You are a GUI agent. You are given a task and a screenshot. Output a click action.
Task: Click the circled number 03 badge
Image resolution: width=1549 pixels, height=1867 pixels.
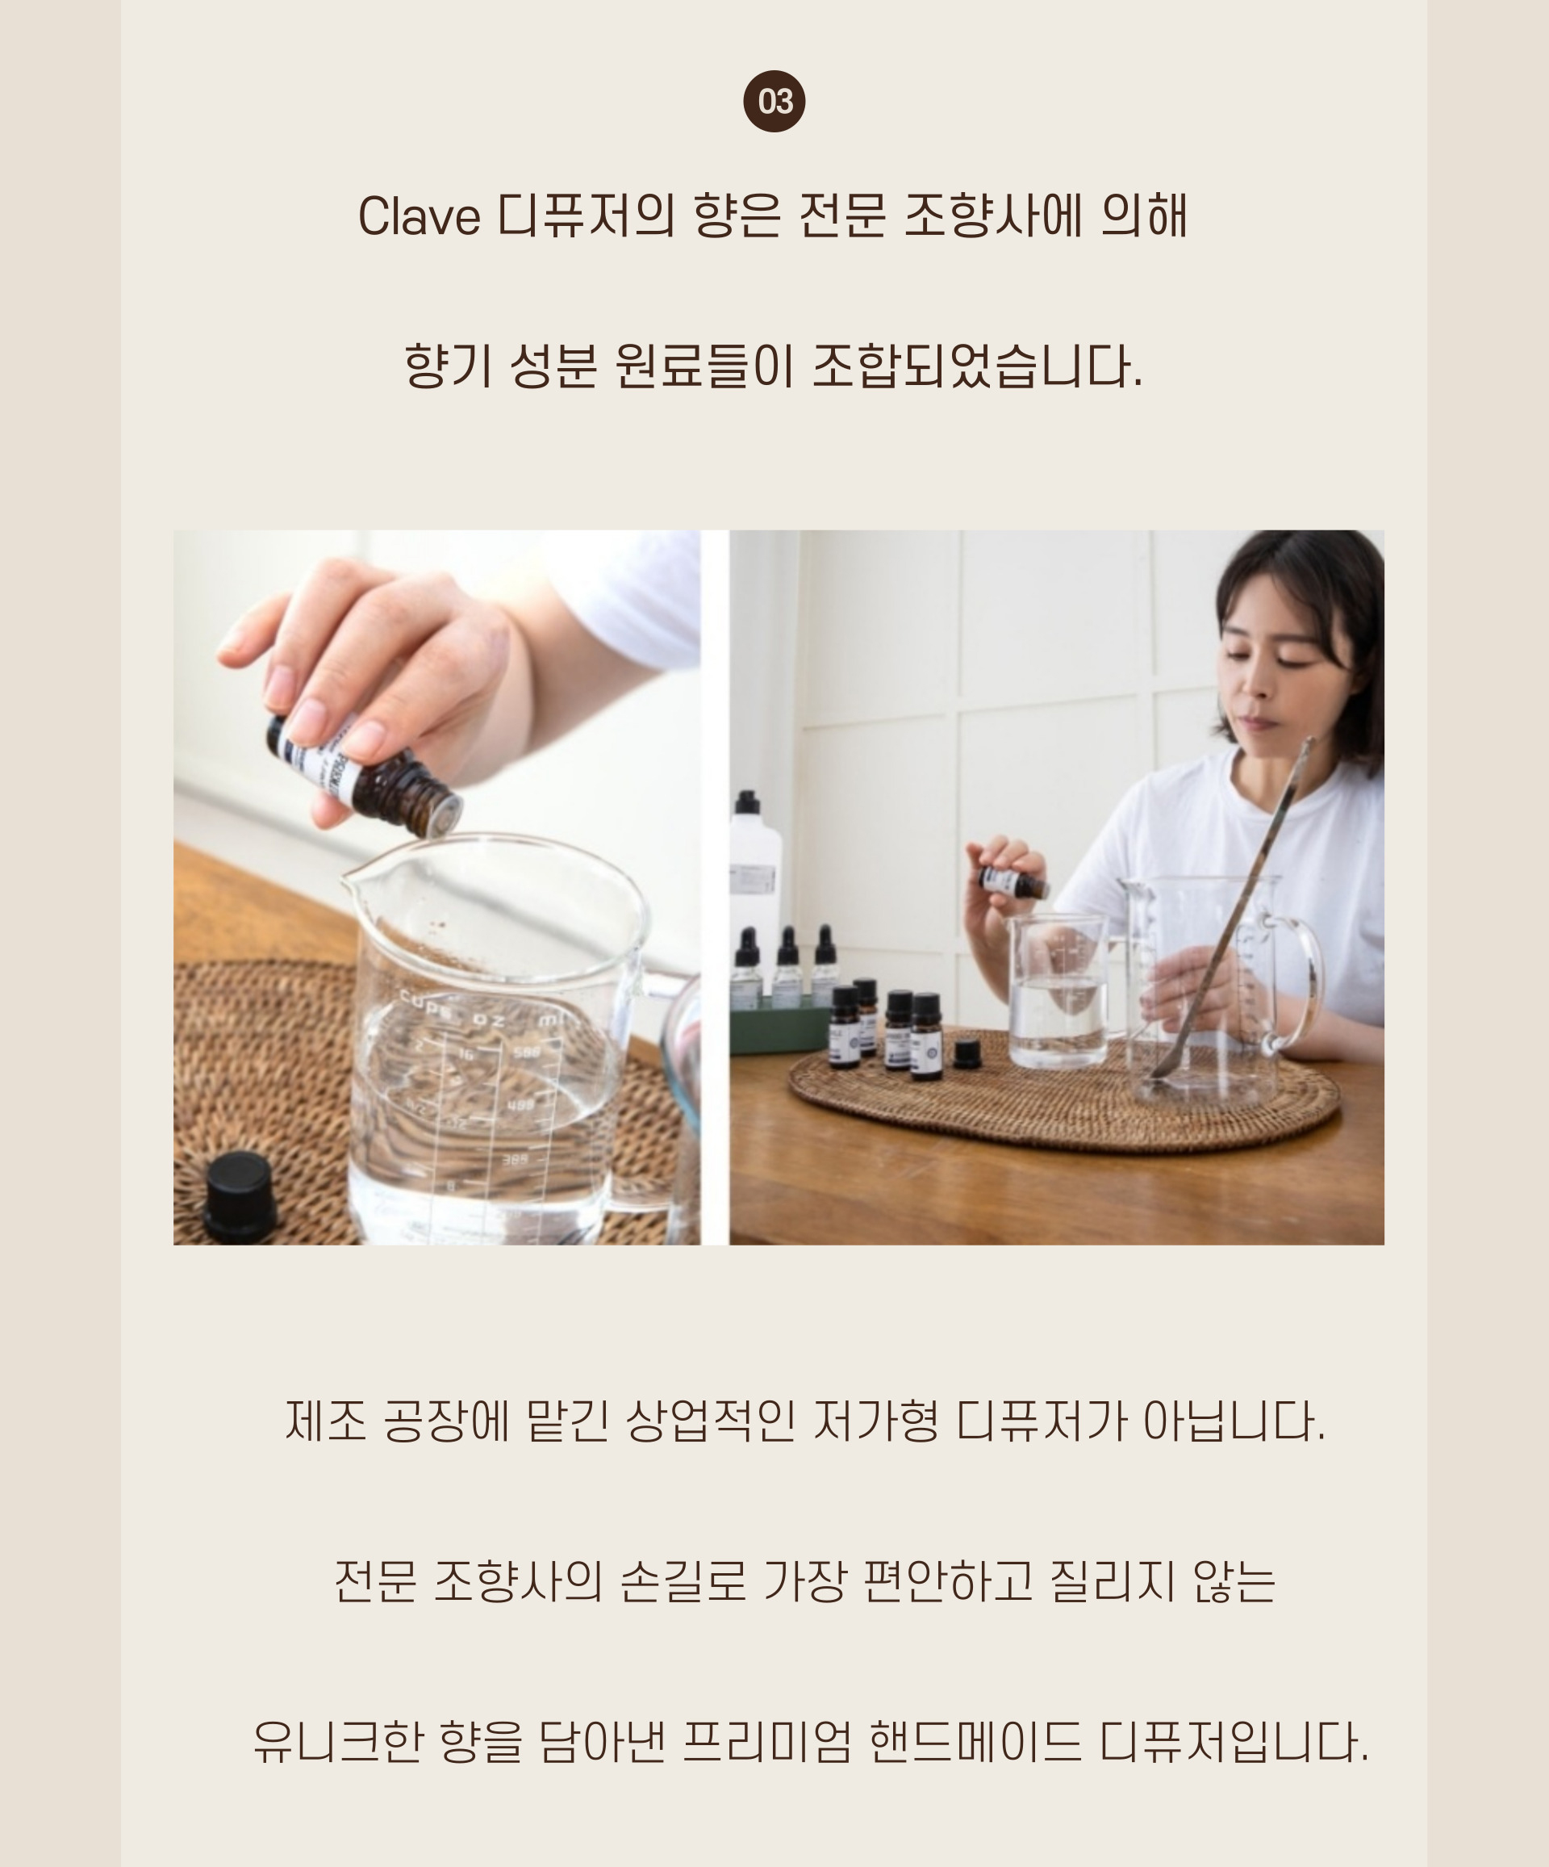click(774, 102)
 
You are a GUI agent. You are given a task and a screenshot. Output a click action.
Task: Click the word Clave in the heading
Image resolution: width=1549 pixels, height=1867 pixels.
click(419, 216)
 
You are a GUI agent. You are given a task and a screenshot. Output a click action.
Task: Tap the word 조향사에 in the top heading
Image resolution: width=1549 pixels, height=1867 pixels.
click(992, 216)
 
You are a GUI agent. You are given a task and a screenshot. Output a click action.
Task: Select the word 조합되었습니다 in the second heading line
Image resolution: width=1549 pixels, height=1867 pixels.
click(978, 366)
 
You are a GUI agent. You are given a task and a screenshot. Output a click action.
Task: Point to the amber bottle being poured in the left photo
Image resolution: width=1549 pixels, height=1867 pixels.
click(365, 774)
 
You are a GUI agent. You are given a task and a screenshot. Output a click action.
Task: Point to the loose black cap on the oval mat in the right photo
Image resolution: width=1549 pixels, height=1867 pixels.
click(967, 1053)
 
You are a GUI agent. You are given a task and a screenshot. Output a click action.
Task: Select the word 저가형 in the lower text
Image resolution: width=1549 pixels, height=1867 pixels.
click(875, 1421)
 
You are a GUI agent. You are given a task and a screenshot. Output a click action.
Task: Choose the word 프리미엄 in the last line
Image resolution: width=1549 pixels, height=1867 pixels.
click(768, 1741)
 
